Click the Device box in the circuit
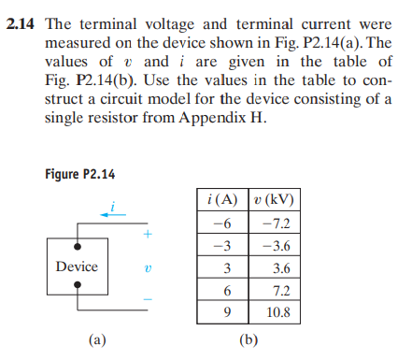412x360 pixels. point(77,266)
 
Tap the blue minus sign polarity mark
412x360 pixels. point(147,301)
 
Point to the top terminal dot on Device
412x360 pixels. point(77,246)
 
